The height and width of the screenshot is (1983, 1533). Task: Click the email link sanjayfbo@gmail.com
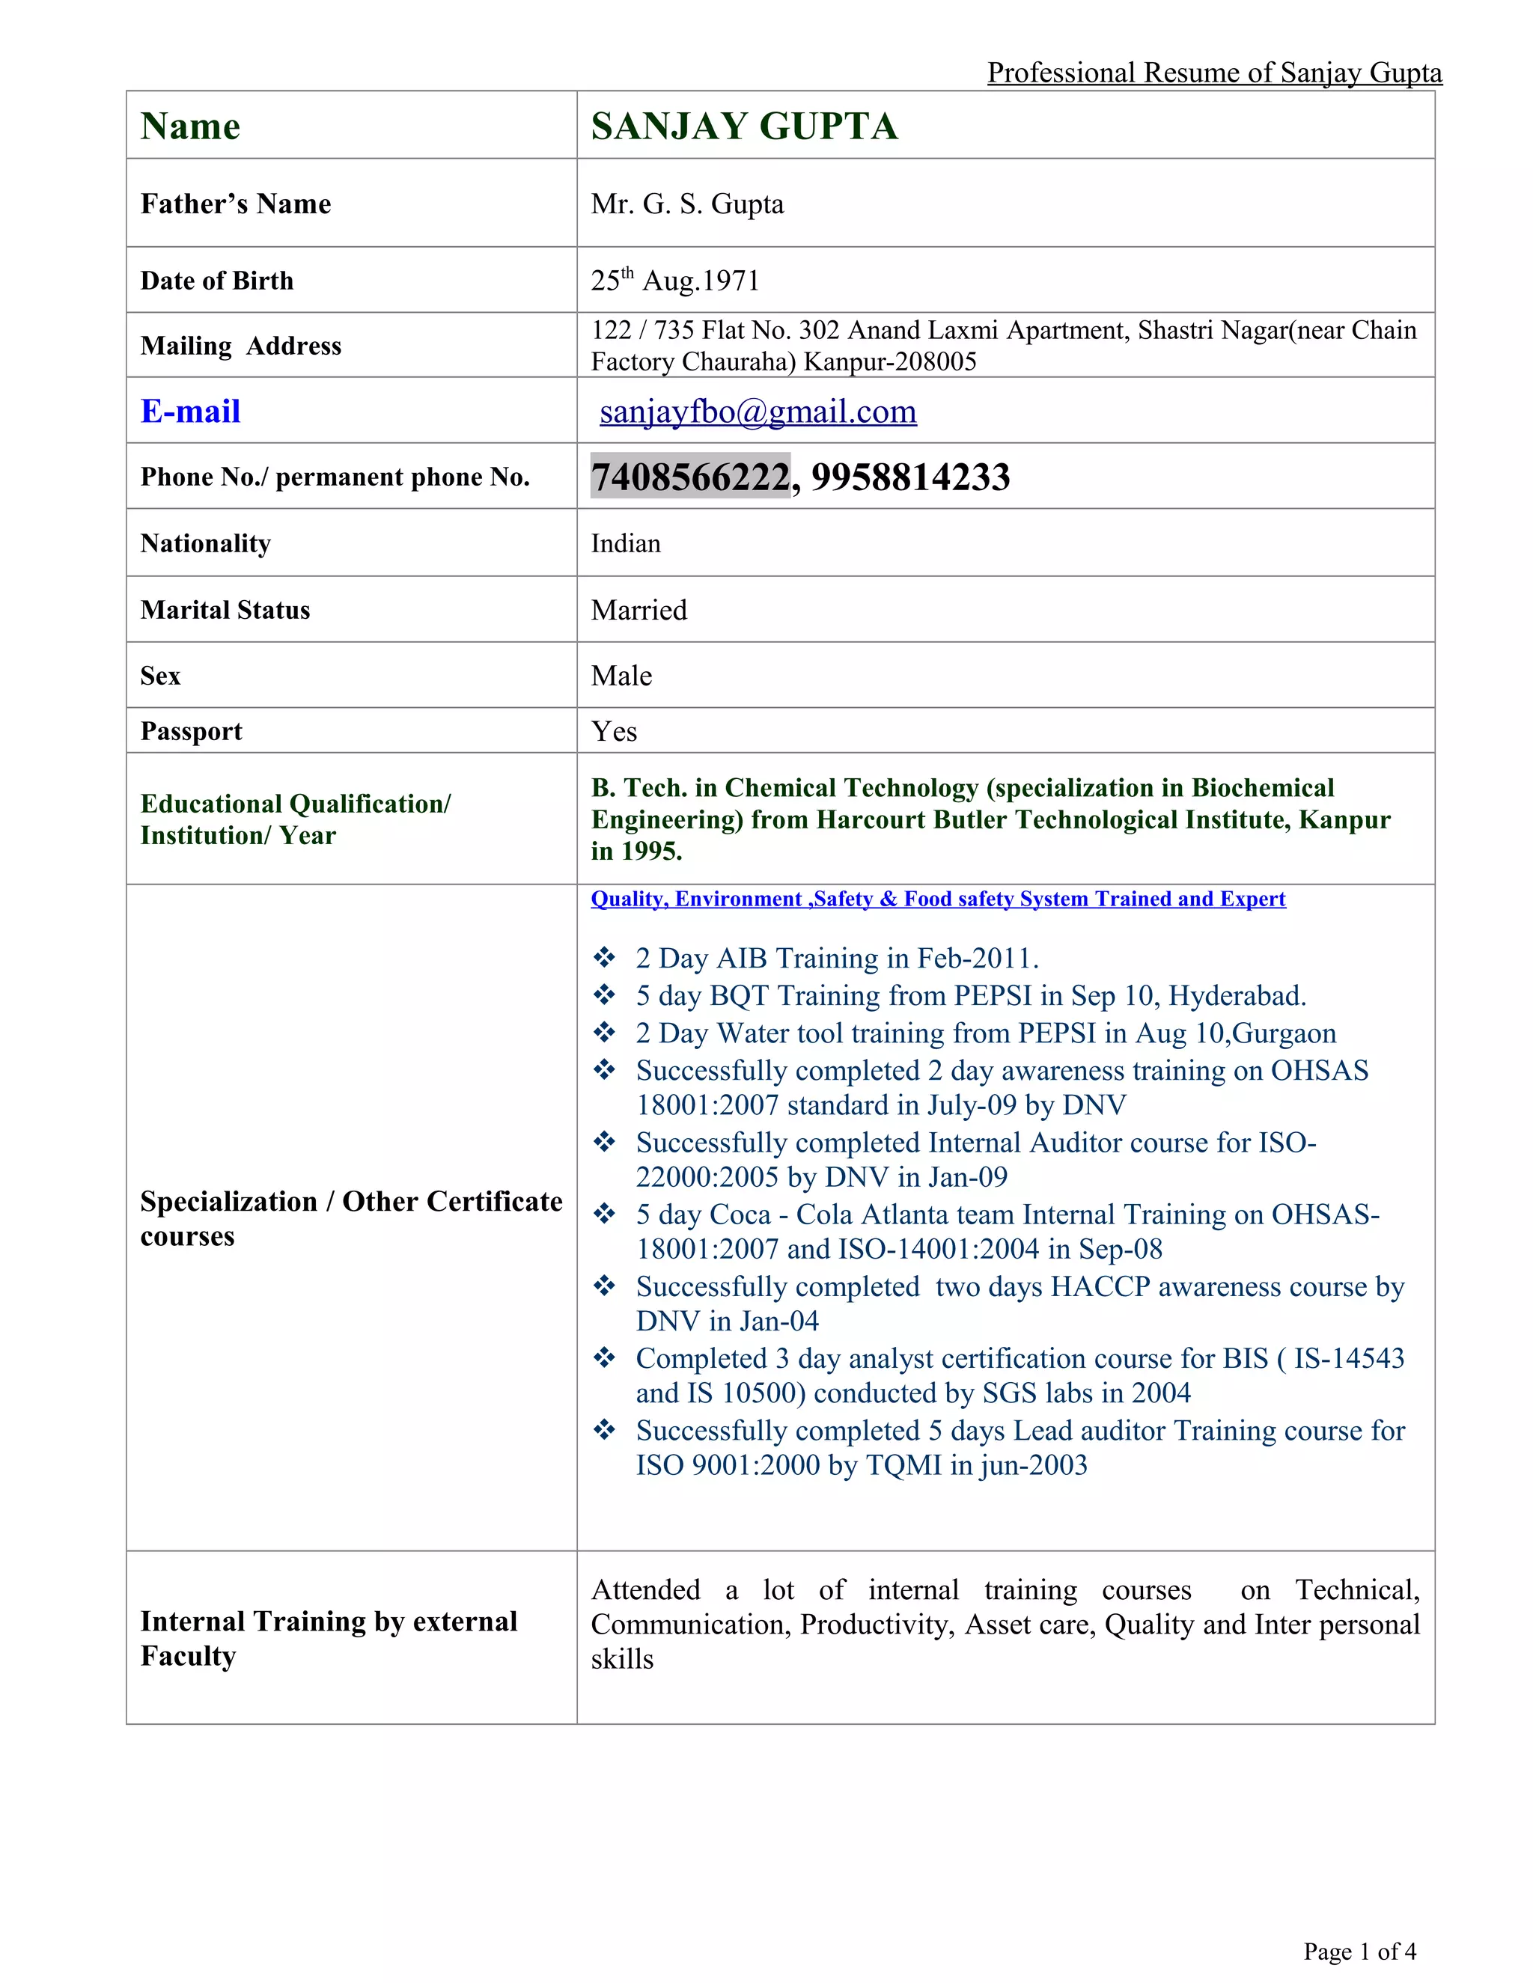click(758, 412)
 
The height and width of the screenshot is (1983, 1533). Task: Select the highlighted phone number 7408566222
click(690, 477)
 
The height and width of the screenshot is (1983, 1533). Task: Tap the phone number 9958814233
click(910, 477)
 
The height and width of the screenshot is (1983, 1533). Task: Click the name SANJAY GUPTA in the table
click(745, 126)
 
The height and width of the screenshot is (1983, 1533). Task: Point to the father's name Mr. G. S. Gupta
click(687, 204)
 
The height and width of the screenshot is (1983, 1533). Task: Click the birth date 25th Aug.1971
click(674, 281)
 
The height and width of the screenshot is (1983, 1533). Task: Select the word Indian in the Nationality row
click(626, 544)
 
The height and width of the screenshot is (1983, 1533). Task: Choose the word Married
click(639, 610)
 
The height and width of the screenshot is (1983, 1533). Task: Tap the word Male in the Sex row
click(621, 676)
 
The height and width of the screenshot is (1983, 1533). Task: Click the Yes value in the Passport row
click(614, 732)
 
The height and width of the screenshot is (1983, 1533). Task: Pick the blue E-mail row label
click(191, 412)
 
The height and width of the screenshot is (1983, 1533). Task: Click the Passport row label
click(192, 732)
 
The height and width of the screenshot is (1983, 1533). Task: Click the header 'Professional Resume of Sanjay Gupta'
click(1214, 73)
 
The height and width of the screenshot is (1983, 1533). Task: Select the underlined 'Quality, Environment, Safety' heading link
click(937, 899)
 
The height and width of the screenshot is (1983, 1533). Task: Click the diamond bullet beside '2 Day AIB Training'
click(604, 958)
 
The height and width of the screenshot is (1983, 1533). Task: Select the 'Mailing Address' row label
click(241, 346)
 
